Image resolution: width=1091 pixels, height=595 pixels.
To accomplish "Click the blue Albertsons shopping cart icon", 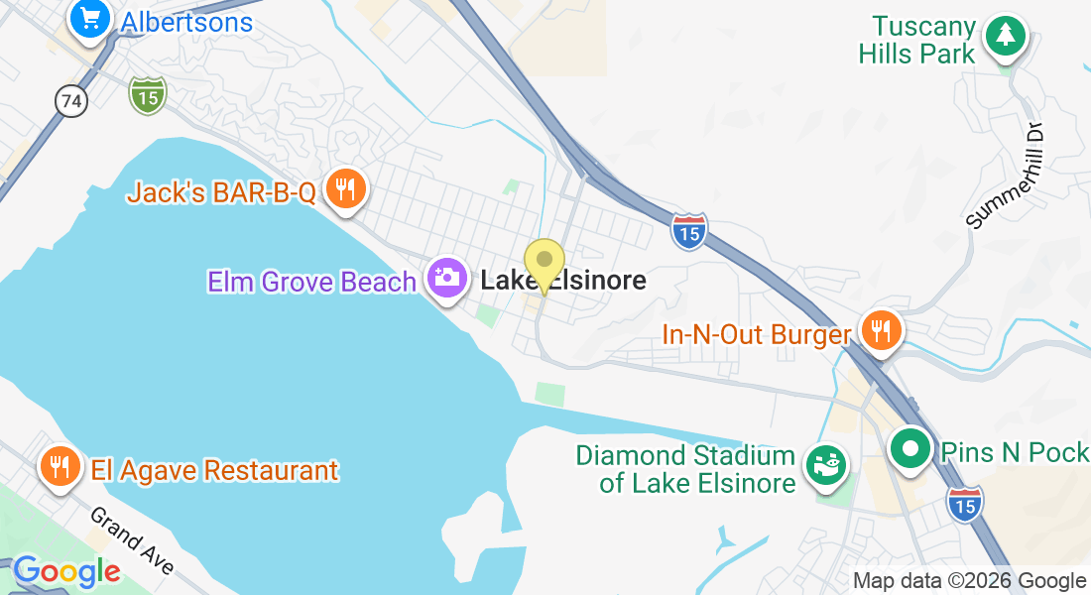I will (x=90, y=19).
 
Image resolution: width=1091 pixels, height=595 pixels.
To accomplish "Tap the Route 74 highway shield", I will (x=71, y=101).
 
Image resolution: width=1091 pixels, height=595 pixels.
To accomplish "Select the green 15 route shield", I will (x=147, y=95).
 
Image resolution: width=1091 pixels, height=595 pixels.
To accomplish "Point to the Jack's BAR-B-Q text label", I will (x=220, y=191).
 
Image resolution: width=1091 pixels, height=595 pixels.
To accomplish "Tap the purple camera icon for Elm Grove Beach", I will (x=447, y=277).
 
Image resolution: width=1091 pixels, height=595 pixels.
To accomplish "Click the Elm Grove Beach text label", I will (x=311, y=282).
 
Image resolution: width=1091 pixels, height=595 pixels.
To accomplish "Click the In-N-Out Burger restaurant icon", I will (x=879, y=329).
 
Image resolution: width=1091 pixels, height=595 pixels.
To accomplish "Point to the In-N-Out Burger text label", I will (x=756, y=335).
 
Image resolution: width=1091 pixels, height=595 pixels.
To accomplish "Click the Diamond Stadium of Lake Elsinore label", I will (x=686, y=469).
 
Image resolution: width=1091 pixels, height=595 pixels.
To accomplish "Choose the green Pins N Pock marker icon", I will (x=909, y=448).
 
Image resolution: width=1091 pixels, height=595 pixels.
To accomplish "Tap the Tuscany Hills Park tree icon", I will (x=1006, y=36).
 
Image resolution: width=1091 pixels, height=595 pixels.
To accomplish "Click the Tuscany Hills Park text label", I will (x=917, y=40).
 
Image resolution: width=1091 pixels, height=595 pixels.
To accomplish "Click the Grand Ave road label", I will (x=132, y=540).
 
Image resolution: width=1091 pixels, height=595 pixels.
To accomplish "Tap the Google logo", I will (x=66, y=571).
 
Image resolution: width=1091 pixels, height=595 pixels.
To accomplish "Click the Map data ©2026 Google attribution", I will (x=969, y=581).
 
